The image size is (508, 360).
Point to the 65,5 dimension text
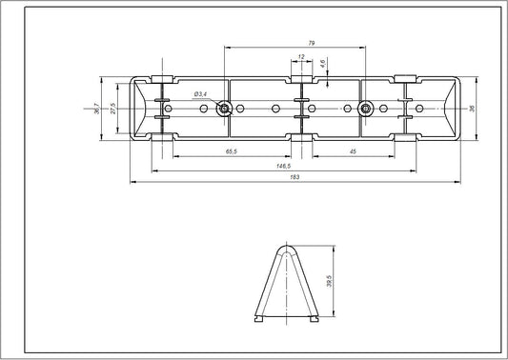232,151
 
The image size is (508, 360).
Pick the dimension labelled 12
302,57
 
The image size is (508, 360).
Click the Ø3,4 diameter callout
200,95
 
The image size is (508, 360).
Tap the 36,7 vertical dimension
95,109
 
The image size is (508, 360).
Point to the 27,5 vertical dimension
112,109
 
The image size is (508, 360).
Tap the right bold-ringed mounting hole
363,109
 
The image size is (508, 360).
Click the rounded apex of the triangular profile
289,248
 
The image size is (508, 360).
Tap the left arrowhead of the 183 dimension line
132,182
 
